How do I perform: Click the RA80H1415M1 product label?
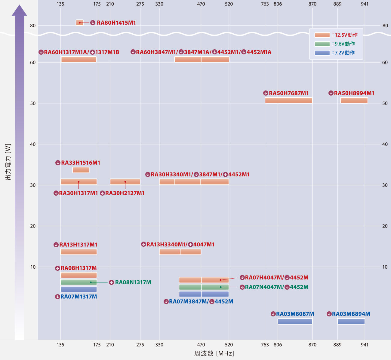pos(116,23)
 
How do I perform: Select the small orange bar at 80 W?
pos(79,23)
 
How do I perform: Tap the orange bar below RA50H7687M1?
pos(288,100)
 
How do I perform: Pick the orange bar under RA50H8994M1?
pos(354,100)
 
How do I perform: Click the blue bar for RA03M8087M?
pos(295,321)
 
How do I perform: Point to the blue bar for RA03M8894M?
pos(351,321)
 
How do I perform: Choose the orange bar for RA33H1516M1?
pos(81,170)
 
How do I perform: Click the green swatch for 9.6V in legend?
pos(322,44)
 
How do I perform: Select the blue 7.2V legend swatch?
pos(322,53)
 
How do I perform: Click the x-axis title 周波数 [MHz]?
pos(214,353)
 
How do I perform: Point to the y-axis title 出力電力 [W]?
pos(8,162)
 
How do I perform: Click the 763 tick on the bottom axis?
pos(265,345)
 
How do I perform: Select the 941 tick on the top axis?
pos(365,4)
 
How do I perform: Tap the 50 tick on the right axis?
pos(385,103)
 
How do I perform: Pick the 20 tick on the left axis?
pos(33,226)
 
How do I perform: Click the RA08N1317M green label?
pos(133,282)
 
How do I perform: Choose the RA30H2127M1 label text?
pos(125,193)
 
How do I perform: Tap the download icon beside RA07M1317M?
pos(58,297)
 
